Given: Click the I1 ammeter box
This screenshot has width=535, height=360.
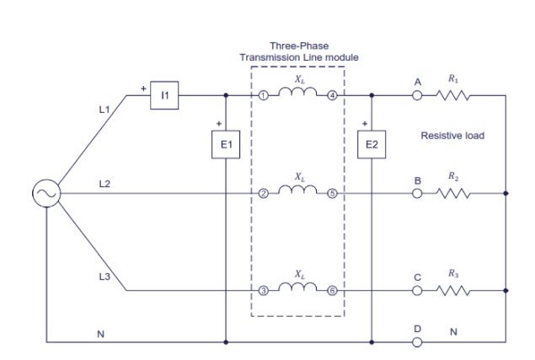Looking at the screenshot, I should tap(165, 96).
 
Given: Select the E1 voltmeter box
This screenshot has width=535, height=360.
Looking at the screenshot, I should tap(226, 145).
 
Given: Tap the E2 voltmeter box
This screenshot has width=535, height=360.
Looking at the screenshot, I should tap(371, 145).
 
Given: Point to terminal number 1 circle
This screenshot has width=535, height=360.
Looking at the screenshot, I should tap(264, 96).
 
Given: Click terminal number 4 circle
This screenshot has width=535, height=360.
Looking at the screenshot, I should tap(332, 96).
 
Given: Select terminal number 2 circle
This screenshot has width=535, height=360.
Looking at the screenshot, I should tap(264, 194).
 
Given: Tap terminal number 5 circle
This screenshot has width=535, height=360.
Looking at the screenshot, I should tap(332, 194).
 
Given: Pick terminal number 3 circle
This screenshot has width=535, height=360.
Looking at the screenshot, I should tap(264, 291).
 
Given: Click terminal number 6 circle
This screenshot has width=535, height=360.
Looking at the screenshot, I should tap(332, 291).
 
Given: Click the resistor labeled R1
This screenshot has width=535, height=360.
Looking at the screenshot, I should tap(454, 96).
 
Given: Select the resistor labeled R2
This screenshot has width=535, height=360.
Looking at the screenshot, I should tap(454, 194).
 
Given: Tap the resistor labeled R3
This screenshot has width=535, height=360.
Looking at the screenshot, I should tap(454, 291).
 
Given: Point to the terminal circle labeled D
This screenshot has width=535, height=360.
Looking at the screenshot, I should tap(416, 342).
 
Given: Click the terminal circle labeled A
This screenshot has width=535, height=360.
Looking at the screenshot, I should tap(416, 96).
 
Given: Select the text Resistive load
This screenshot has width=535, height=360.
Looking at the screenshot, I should tap(452, 135).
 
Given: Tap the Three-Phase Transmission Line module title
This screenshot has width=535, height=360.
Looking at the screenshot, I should tap(299, 51).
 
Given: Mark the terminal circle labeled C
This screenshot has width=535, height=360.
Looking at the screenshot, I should tap(416, 291).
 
